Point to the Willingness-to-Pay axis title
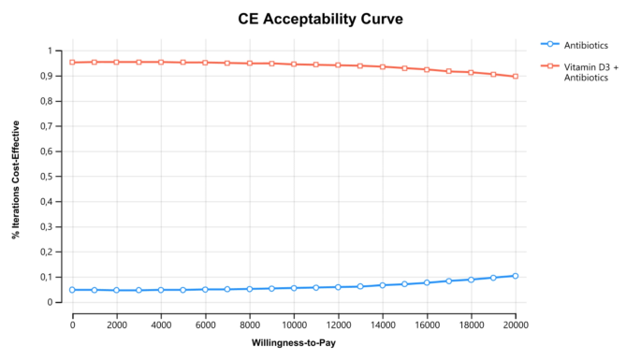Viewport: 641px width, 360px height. pos(294,343)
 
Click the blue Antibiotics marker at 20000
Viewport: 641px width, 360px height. pos(516,276)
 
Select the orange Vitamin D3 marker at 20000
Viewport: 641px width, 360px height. pos(516,77)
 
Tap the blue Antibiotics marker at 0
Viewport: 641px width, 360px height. pos(72,290)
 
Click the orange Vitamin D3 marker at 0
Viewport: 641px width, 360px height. pos(72,63)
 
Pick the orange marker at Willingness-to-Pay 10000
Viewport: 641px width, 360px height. pos(294,65)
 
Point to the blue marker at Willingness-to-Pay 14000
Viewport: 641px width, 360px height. pos(383,285)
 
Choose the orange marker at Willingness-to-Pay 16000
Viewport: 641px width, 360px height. pos(427,69)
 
